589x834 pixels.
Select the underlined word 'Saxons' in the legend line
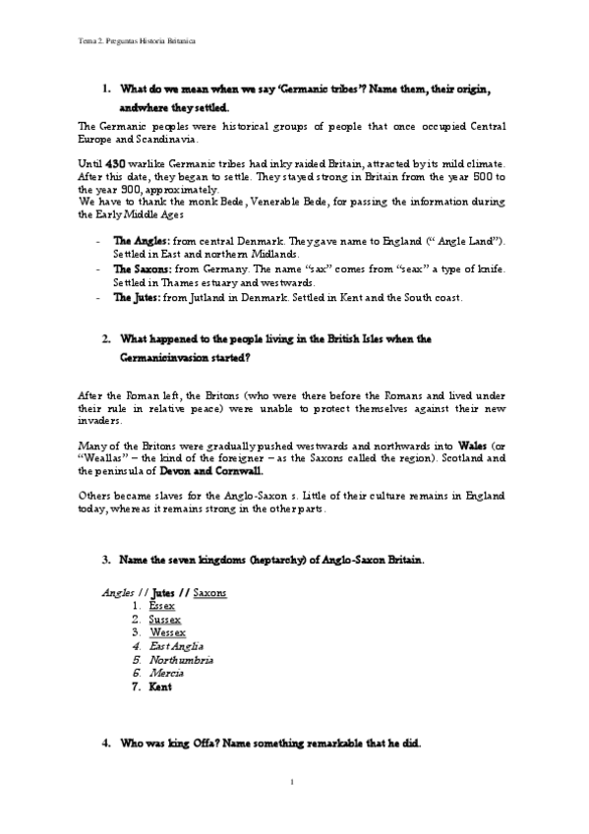pos(210,593)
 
